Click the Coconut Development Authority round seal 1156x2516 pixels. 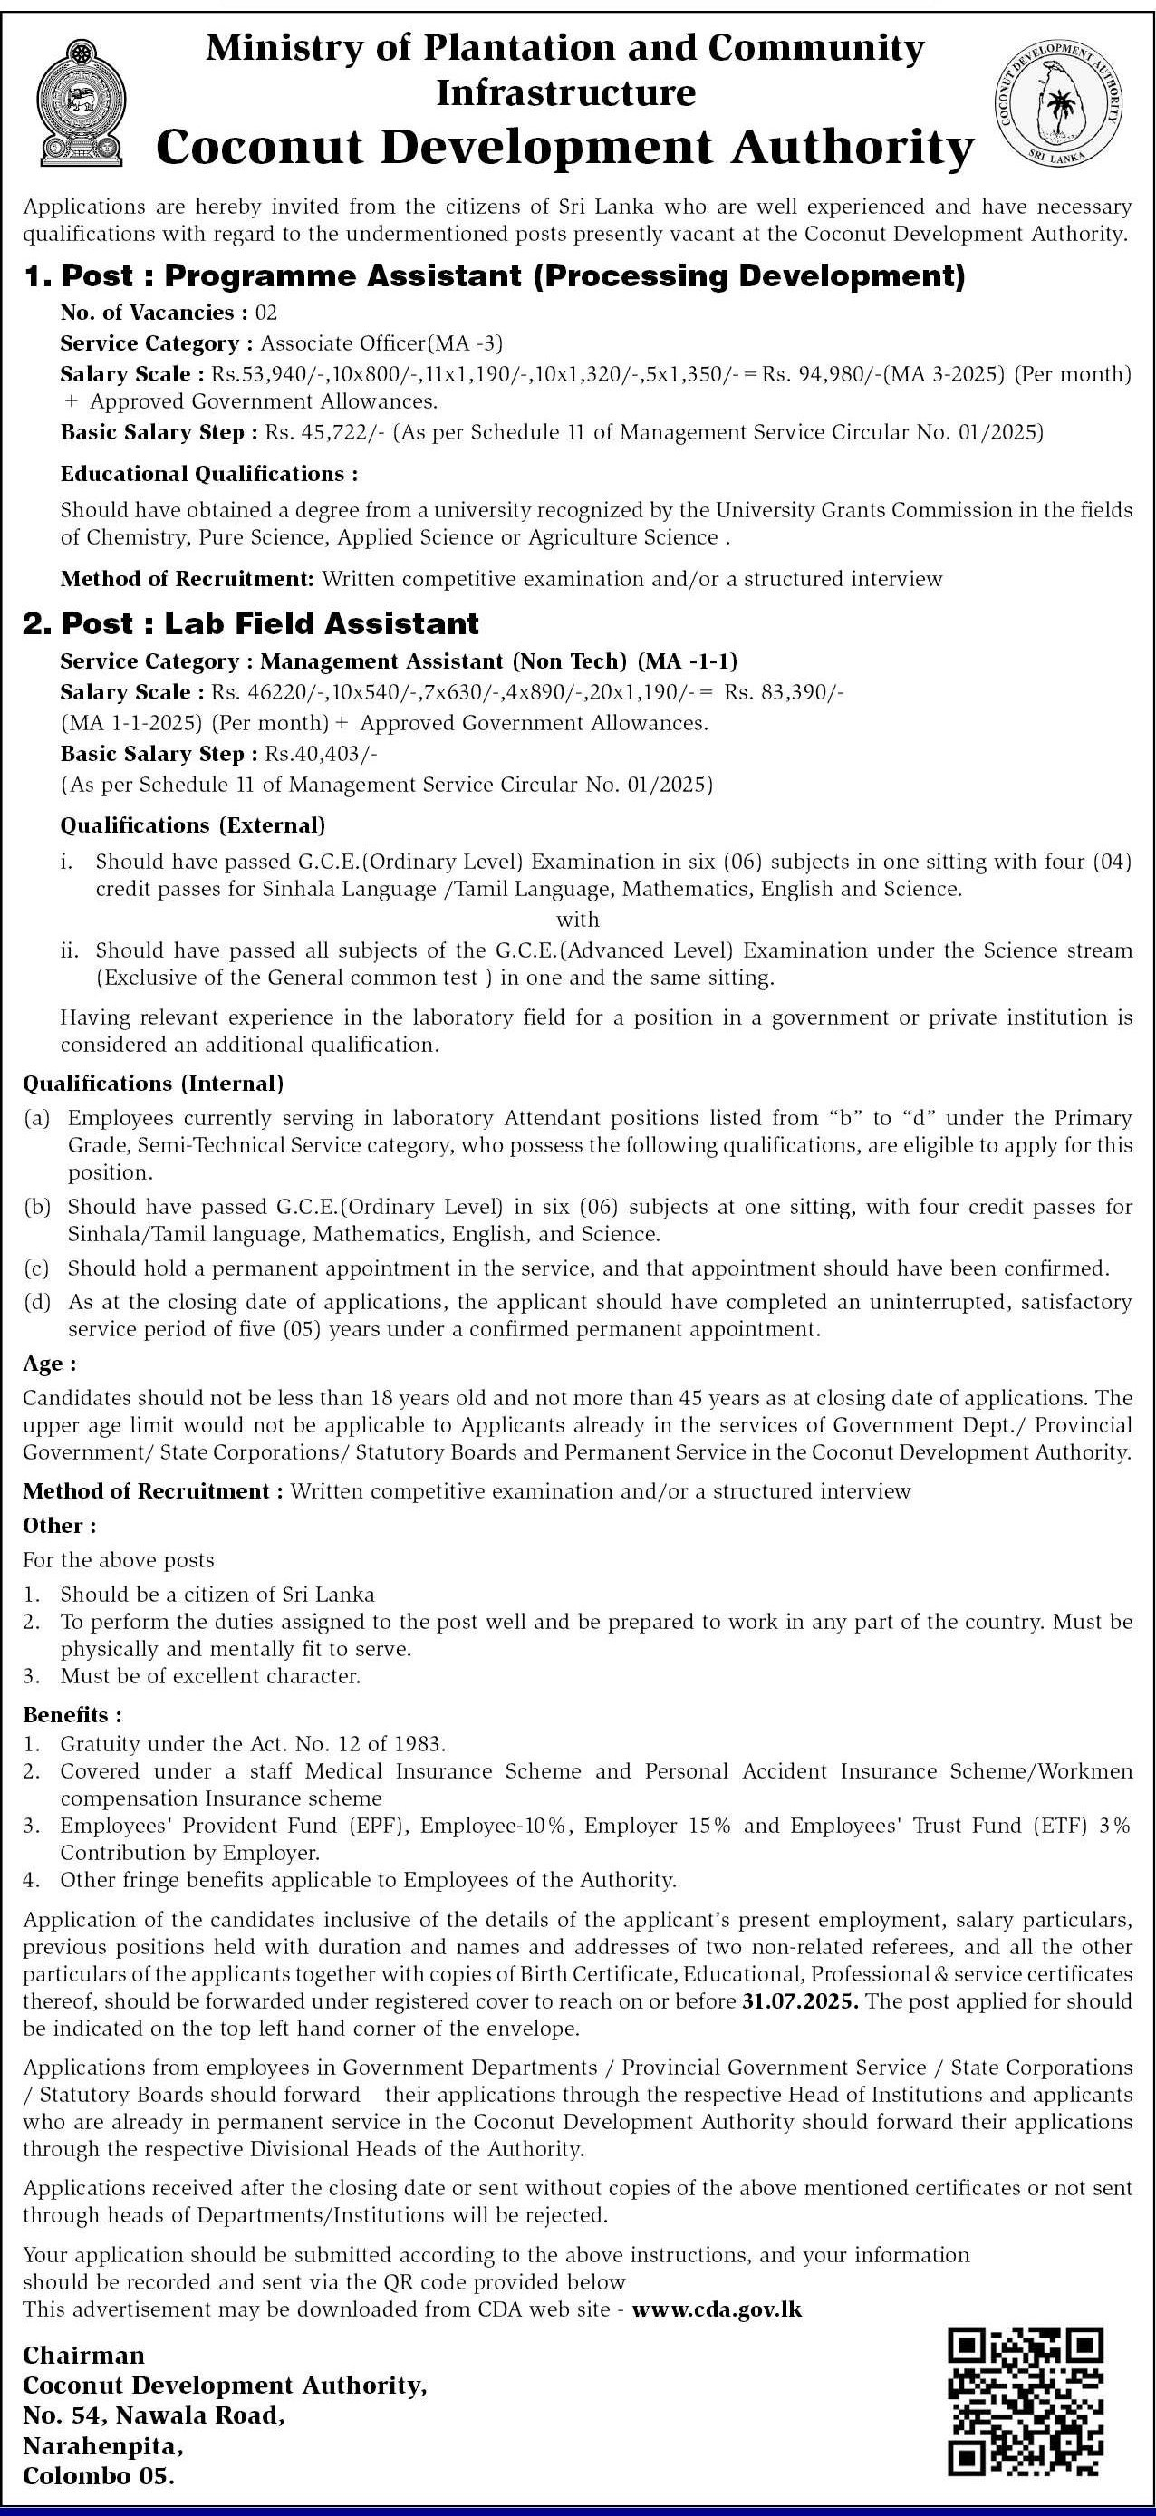(x=1060, y=102)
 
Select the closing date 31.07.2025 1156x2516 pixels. (x=800, y=2001)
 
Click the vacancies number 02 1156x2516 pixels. (x=266, y=313)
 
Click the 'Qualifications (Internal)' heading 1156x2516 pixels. (x=153, y=1084)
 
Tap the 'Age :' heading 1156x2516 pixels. (x=50, y=1364)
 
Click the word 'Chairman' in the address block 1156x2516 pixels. (x=84, y=2355)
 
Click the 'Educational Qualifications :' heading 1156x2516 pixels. (x=209, y=475)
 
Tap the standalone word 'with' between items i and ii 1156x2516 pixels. (x=577, y=919)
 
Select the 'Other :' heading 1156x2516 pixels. (x=60, y=1526)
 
